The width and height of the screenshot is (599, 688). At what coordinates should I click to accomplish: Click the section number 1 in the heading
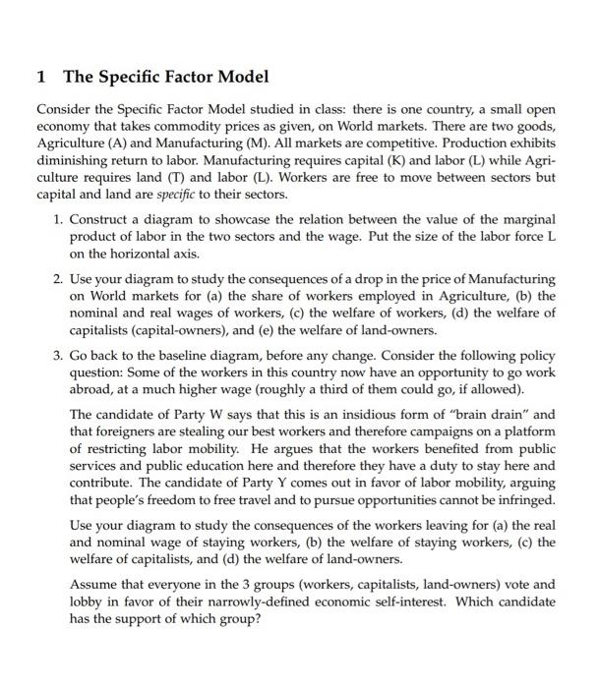[x=40, y=77]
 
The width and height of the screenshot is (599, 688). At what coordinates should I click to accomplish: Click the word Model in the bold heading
[x=241, y=77]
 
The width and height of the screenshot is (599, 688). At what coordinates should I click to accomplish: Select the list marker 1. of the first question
[x=59, y=219]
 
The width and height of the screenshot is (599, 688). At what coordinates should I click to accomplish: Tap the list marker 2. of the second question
[x=59, y=281]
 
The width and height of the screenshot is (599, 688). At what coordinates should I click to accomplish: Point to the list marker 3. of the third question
[x=59, y=358]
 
